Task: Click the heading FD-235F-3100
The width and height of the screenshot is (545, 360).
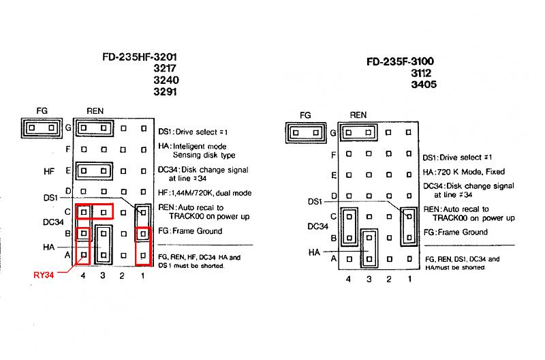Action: pyautogui.click(x=400, y=61)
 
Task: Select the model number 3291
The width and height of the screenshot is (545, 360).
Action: pyautogui.click(x=166, y=91)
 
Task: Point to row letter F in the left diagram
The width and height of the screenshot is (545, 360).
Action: pyautogui.click(x=68, y=149)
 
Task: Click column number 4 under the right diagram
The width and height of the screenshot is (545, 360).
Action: pyautogui.click(x=349, y=280)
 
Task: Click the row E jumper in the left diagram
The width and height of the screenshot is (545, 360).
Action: pyautogui.click(x=93, y=170)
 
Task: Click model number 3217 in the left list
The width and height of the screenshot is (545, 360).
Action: pyautogui.click(x=166, y=68)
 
